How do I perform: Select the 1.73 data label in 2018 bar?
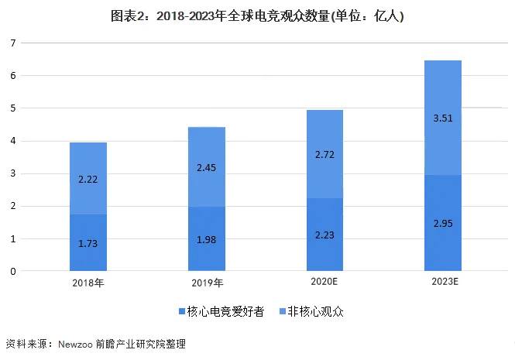[88, 244]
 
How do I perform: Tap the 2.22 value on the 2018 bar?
[88, 179]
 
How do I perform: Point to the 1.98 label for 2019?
[207, 240]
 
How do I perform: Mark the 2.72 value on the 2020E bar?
[324, 156]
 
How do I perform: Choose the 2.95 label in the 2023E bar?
[443, 224]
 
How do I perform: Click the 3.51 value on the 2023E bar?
[443, 118]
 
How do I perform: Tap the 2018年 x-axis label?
[88, 282]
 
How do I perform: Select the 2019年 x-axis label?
[207, 282]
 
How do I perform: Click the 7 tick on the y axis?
[13, 43]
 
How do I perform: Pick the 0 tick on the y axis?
[13, 272]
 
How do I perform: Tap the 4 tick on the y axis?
[13, 142]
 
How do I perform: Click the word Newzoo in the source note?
[76, 343]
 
